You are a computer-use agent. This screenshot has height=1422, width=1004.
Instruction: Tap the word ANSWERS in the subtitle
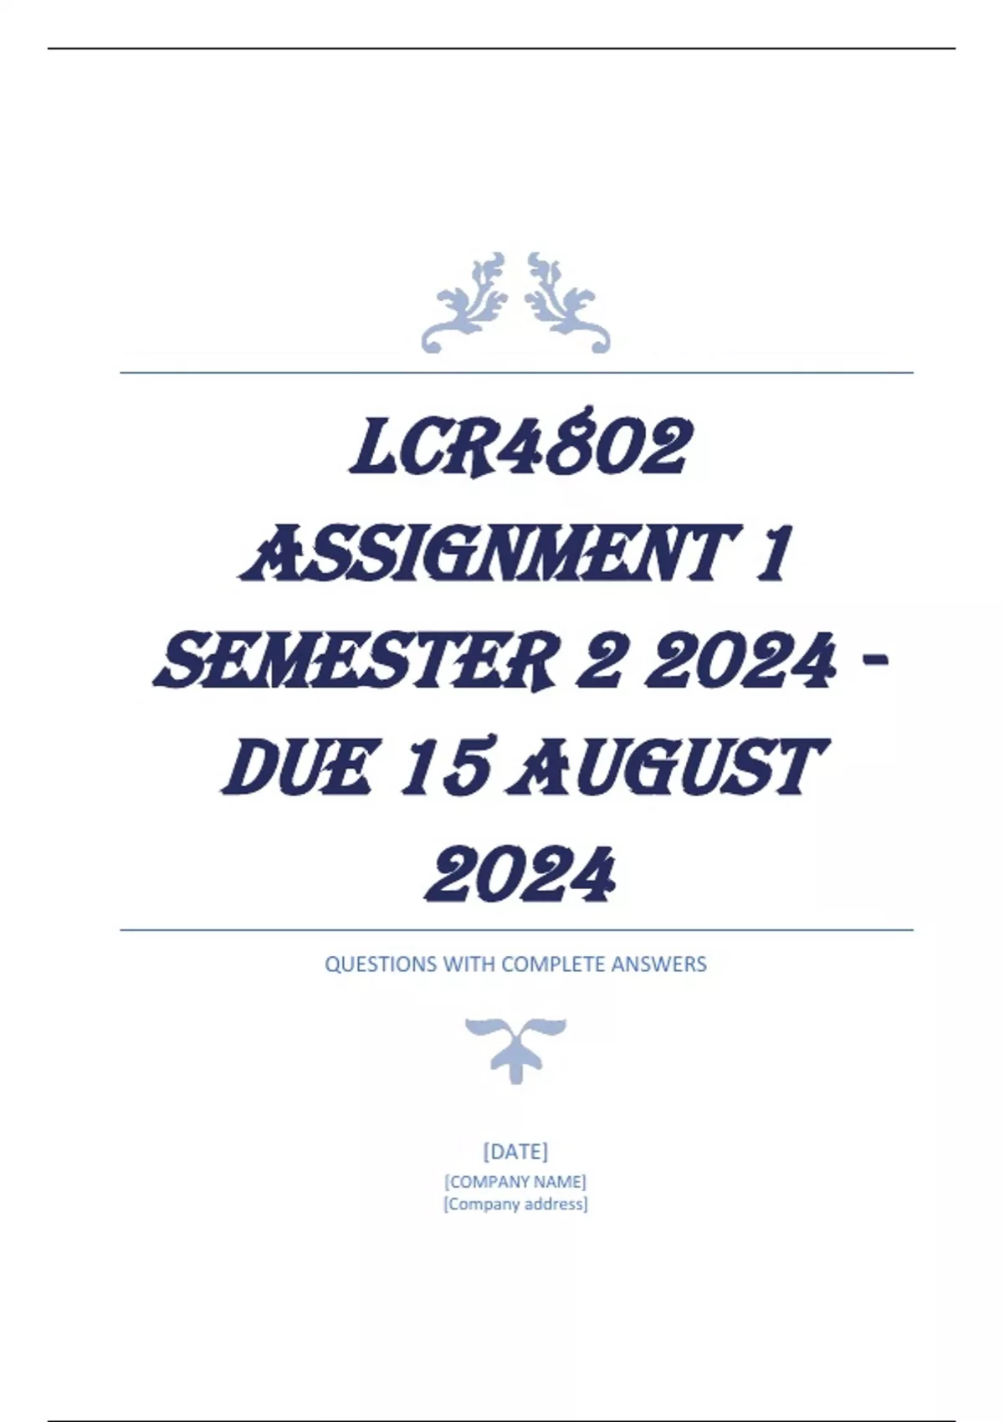click(x=658, y=964)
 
